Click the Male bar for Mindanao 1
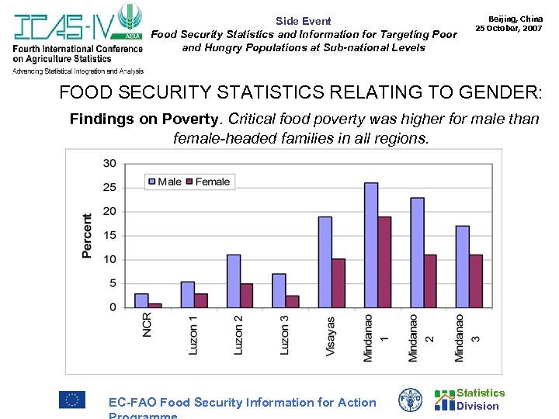(x=371, y=245)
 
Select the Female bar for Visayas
(x=339, y=283)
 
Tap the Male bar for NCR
(x=141, y=300)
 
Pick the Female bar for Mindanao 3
(x=476, y=281)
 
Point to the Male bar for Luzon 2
(x=234, y=281)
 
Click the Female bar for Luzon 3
(x=292, y=301)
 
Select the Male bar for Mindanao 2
(x=417, y=252)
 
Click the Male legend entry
(x=164, y=182)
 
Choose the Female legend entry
(x=207, y=182)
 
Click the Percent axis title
(x=87, y=236)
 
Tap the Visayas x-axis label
(x=330, y=335)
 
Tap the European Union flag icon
(x=72, y=400)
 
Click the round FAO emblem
(x=410, y=400)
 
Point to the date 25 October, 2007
(x=509, y=28)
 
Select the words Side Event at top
(x=303, y=21)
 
